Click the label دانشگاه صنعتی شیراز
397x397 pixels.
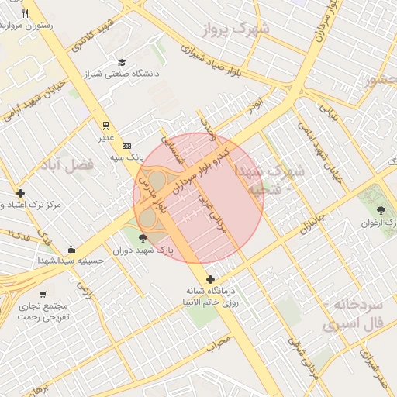[x=125, y=74]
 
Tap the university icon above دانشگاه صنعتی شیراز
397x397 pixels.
[x=121, y=62]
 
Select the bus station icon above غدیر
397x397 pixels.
[x=105, y=126]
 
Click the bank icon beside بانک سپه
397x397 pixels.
[x=127, y=145]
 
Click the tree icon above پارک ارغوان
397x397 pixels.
[x=381, y=210]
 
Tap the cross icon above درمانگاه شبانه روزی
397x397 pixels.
[x=210, y=279]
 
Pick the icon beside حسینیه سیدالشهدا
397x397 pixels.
[x=71, y=250]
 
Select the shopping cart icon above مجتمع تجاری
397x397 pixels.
[x=43, y=294]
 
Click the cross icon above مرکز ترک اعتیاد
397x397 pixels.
[x=20, y=193]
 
